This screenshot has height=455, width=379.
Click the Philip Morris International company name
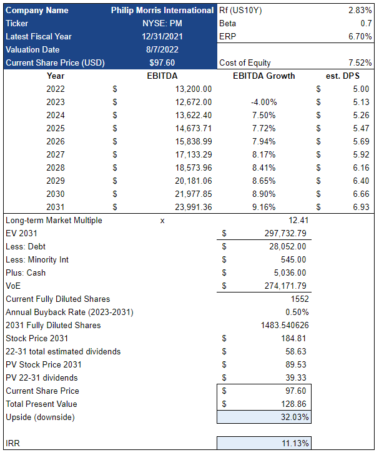(162, 10)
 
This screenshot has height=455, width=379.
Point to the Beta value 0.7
(365, 23)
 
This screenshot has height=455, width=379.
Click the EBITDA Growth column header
(263, 76)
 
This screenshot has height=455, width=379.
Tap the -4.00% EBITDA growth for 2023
(263, 102)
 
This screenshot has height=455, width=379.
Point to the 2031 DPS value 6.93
(360, 207)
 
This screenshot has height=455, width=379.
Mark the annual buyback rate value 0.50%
(296, 312)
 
